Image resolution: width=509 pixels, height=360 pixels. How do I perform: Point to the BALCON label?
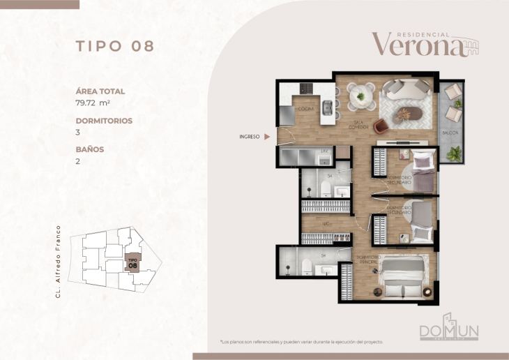(x=450, y=132)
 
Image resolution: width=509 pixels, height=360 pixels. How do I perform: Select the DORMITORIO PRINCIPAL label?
(x=367, y=260)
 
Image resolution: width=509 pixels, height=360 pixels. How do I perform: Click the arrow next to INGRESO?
(x=268, y=137)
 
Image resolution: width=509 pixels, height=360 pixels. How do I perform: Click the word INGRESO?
(x=248, y=137)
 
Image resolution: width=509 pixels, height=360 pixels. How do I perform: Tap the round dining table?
(x=360, y=96)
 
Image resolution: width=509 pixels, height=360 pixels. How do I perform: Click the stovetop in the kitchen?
(x=307, y=89)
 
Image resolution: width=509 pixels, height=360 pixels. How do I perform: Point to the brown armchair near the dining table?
(x=381, y=126)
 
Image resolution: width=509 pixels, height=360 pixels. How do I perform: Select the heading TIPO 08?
(x=114, y=46)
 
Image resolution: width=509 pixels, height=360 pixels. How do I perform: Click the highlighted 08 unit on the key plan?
(x=132, y=263)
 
